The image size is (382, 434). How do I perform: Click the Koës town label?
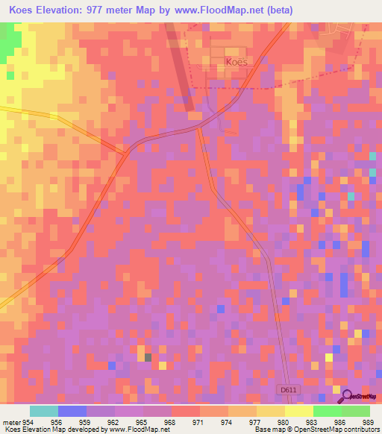pos(234,62)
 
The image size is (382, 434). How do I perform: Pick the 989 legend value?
pos(367,421)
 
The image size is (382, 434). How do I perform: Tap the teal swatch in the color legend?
pos(44,411)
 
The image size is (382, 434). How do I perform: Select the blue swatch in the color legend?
pos(72,411)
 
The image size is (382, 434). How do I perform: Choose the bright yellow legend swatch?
pos(298,411)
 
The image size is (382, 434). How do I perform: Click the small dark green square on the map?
pos(148,358)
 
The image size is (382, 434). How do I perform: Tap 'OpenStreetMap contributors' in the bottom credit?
pos(341,430)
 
